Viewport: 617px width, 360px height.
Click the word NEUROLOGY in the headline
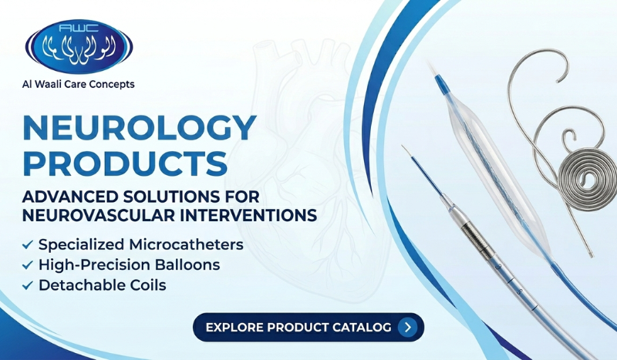(x=139, y=128)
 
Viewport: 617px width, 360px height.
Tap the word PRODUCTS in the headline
(x=126, y=164)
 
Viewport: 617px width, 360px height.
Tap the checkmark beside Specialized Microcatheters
(x=28, y=245)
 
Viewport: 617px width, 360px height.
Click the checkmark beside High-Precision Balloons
(x=28, y=265)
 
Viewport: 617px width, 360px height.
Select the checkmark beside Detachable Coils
(x=28, y=285)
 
